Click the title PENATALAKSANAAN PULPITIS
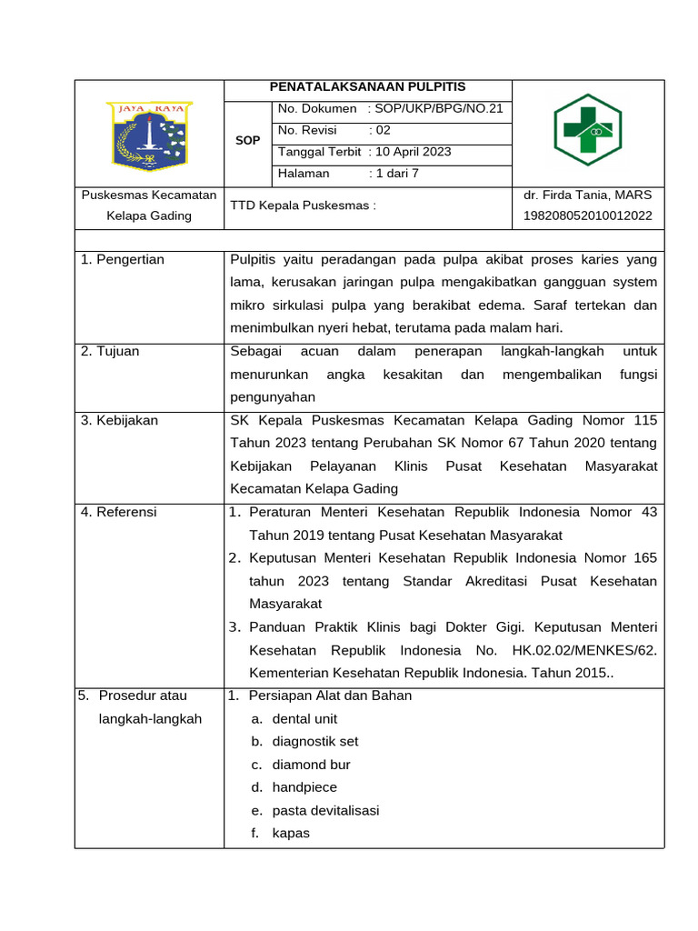367,87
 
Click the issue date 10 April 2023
413,152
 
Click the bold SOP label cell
247,141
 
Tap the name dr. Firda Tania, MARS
587,195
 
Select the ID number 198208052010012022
587,216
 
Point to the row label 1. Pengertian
123,260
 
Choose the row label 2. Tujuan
110,351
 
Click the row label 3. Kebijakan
119,420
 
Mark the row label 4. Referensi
118,512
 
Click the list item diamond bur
311,765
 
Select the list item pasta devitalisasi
325,810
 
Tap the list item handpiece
304,787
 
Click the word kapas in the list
291,833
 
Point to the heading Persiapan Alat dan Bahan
330,696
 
